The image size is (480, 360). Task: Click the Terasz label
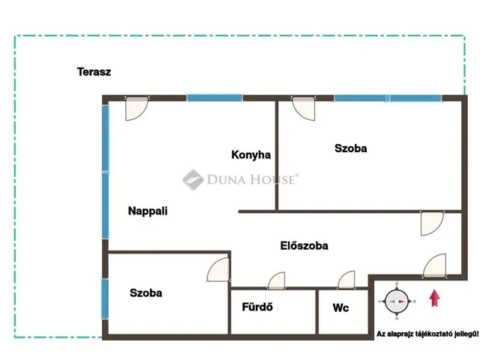(x=94, y=72)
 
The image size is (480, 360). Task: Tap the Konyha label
(x=251, y=154)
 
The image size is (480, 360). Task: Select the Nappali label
(x=148, y=211)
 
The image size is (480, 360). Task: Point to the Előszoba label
(x=304, y=245)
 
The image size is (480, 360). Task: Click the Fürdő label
(x=257, y=307)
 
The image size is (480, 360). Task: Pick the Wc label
(x=340, y=307)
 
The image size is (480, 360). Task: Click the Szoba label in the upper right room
(x=351, y=148)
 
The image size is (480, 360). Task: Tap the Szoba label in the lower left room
(x=146, y=293)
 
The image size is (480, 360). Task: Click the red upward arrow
(x=434, y=298)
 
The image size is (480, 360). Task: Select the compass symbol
(x=397, y=301)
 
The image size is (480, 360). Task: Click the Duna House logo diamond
(x=193, y=180)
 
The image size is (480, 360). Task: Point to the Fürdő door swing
(x=277, y=280)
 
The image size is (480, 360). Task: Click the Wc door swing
(x=346, y=280)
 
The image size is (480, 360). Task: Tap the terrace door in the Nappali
(x=136, y=108)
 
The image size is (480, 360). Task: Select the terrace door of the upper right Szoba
(x=304, y=108)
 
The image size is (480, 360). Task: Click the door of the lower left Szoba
(x=218, y=269)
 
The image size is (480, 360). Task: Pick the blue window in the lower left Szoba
(x=105, y=298)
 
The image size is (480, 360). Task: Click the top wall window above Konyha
(x=214, y=98)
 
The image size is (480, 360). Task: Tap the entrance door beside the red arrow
(x=435, y=265)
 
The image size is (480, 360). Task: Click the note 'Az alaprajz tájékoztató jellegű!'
(x=427, y=334)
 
